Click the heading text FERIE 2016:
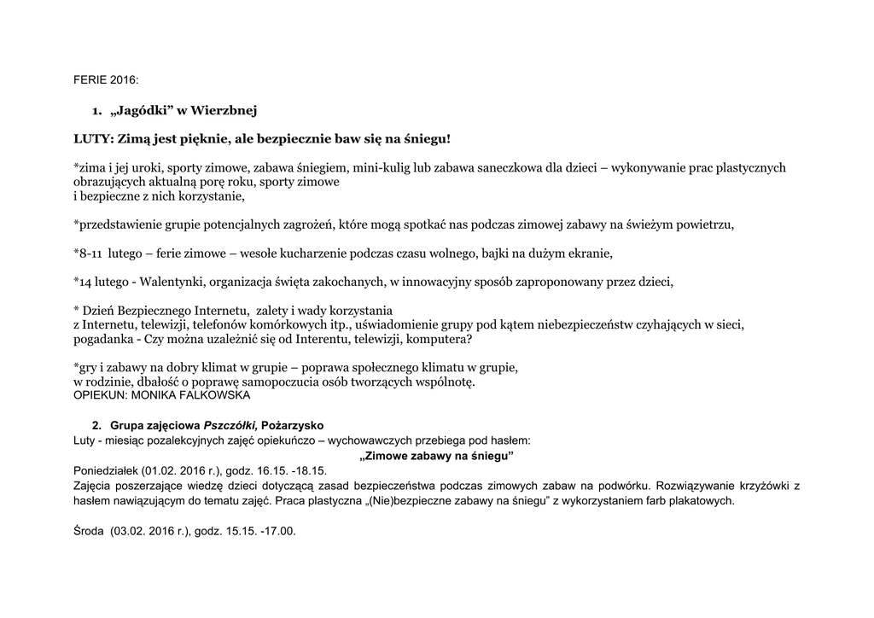(x=105, y=79)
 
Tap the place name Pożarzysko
(x=293, y=425)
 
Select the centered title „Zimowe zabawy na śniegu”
(x=437, y=456)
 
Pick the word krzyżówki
(x=755, y=486)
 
